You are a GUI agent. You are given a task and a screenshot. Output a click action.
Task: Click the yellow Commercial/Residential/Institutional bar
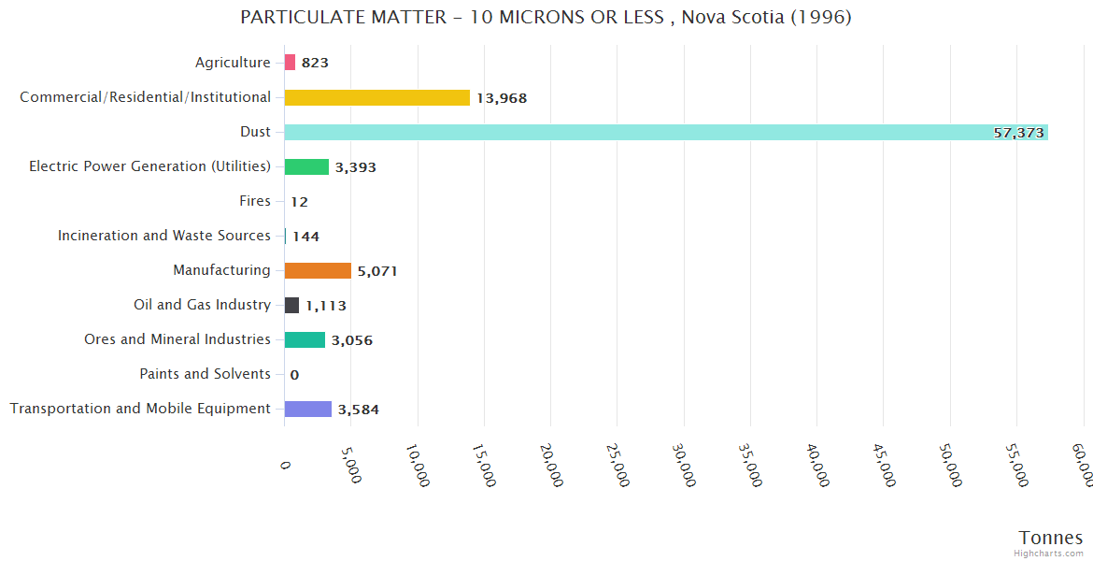(377, 97)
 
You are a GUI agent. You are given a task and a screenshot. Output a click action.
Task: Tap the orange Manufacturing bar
(318, 270)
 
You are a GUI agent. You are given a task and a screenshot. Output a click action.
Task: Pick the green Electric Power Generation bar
(306, 166)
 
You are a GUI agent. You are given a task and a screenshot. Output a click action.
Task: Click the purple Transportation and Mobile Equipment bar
(308, 409)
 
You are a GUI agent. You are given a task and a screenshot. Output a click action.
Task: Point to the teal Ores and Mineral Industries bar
(305, 339)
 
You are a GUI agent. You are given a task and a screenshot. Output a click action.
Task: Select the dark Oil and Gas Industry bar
(291, 305)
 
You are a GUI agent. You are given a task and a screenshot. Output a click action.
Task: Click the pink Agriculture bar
(290, 63)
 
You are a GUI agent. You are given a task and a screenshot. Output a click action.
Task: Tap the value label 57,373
(1018, 133)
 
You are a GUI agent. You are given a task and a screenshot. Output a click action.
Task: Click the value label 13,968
(502, 98)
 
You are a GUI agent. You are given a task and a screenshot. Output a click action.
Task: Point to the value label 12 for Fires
(299, 202)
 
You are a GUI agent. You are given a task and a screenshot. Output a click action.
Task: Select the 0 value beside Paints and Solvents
(294, 375)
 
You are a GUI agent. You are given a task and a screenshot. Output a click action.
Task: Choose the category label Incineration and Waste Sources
(164, 236)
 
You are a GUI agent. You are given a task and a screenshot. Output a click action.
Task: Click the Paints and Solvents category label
(206, 374)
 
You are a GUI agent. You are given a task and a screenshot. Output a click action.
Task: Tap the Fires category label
(255, 201)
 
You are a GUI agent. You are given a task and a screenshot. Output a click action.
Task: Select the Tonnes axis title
(1050, 537)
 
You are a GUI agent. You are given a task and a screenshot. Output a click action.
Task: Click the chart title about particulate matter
(546, 18)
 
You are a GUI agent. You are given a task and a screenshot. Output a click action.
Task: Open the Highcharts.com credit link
(1049, 554)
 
